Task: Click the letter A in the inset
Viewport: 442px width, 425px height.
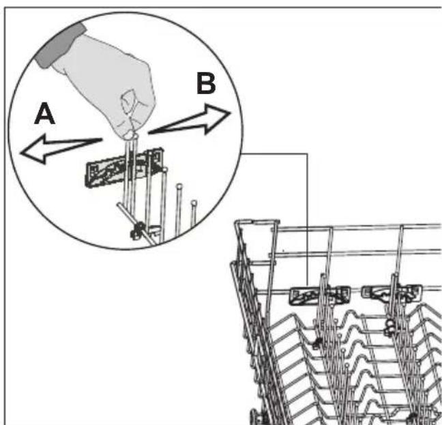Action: (x=44, y=113)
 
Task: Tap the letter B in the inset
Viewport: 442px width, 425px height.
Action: (x=206, y=83)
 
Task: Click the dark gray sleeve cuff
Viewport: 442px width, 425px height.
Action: (x=60, y=45)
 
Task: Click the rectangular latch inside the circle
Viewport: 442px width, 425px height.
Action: (x=124, y=168)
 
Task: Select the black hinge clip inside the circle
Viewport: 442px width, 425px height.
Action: (x=137, y=231)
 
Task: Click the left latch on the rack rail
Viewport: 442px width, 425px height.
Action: (x=320, y=296)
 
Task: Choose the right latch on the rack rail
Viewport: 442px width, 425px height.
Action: (x=392, y=293)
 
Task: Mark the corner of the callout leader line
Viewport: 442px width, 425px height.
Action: (x=307, y=154)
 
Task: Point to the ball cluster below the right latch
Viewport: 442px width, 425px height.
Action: (x=389, y=327)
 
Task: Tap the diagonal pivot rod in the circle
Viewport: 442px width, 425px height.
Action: (x=136, y=222)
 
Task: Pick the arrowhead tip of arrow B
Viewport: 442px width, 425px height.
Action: (x=231, y=113)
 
